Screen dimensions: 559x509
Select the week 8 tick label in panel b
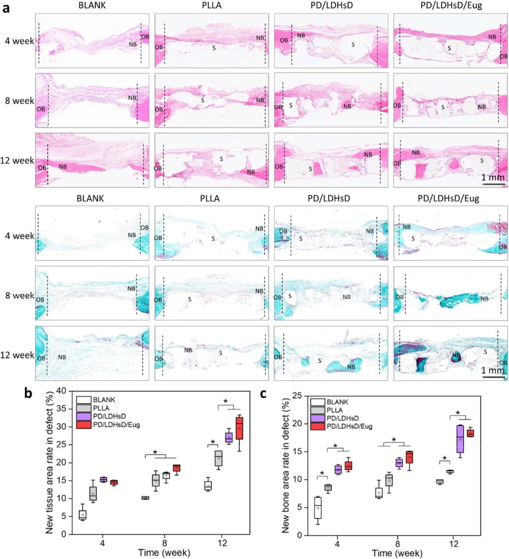point(164,542)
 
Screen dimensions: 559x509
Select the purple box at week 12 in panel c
point(460,439)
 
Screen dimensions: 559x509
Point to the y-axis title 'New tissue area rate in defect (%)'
point(49,462)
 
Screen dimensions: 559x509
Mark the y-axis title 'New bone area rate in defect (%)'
point(285,465)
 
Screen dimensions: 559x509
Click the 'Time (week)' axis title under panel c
point(397,553)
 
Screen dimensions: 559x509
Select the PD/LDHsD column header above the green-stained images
point(329,198)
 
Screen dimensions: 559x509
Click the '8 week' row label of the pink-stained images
point(19,100)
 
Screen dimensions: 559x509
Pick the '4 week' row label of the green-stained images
point(19,236)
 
